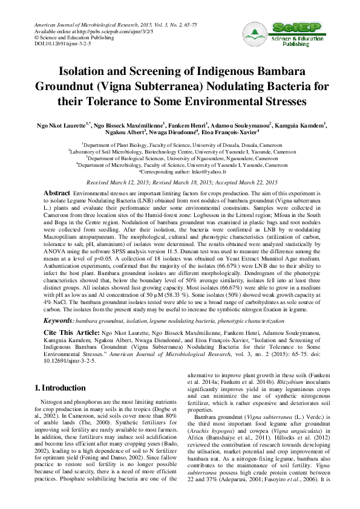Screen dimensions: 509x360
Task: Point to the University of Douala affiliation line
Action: click(x=180, y=146)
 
